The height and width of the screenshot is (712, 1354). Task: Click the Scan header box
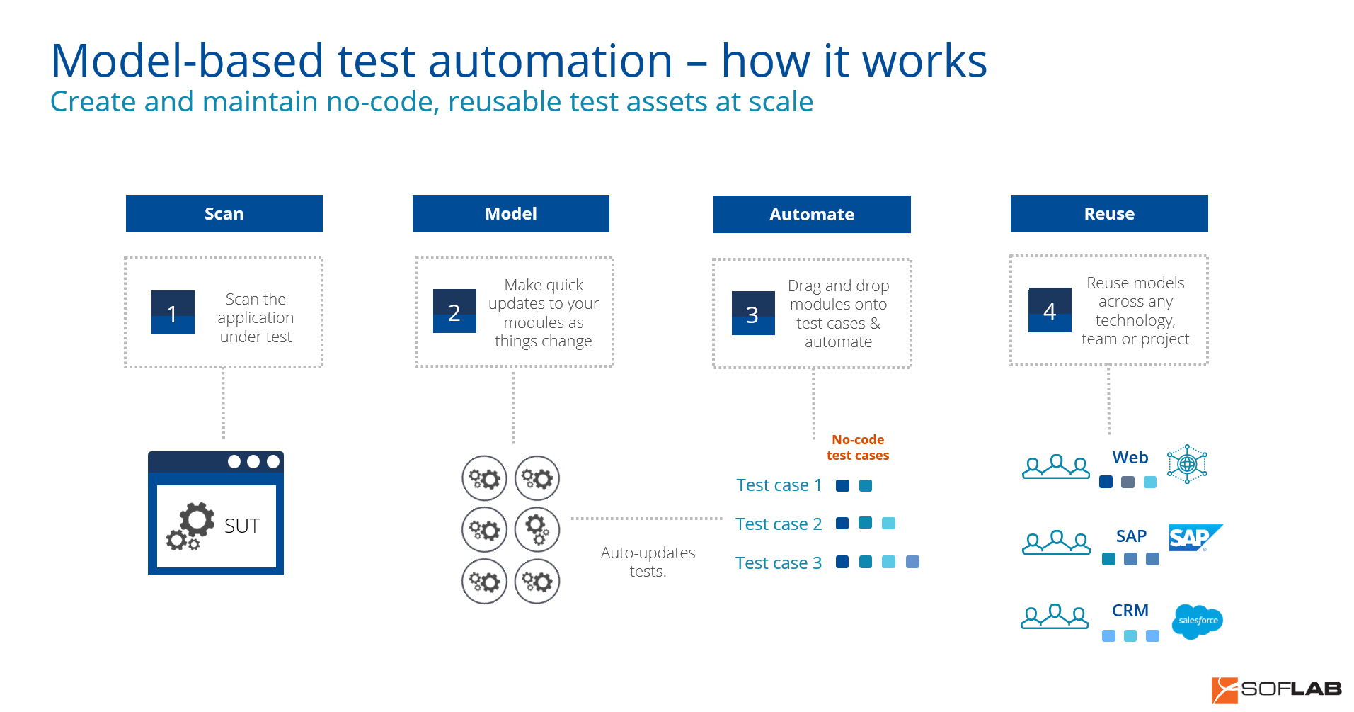click(224, 213)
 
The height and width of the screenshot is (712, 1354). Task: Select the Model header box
click(511, 213)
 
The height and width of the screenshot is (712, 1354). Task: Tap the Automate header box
click(812, 214)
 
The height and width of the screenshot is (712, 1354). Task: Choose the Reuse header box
click(1109, 213)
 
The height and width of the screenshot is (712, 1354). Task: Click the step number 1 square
click(173, 312)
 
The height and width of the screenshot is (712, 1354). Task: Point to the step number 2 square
click(454, 311)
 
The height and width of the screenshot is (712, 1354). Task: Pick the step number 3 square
click(753, 313)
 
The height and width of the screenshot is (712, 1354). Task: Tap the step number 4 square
click(1050, 310)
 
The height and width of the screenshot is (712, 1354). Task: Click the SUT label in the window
click(242, 526)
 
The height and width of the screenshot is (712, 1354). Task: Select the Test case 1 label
click(779, 485)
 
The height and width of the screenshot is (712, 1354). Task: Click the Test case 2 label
click(779, 524)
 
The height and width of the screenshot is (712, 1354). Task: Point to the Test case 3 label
click(779, 563)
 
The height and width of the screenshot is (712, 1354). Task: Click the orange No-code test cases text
click(858, 448)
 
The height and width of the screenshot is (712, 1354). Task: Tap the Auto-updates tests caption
click(648, 562)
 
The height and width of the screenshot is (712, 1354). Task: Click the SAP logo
click(1195, 538)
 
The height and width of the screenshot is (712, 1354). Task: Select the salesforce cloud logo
click(1198, 621)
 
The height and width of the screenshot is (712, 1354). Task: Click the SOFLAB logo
click(1277, 689)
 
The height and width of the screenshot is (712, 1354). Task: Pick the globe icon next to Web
click(1187, 464)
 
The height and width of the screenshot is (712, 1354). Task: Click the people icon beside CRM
click(1055, 616)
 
